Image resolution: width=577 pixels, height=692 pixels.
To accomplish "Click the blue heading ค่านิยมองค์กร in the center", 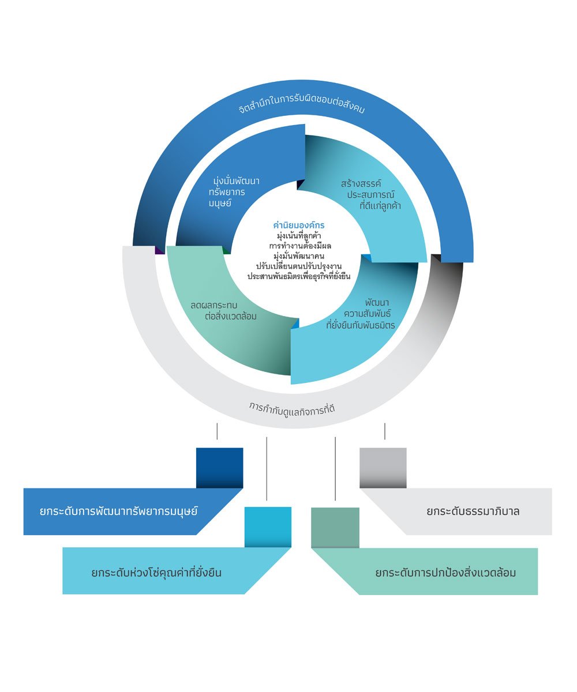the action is tap(298, 225).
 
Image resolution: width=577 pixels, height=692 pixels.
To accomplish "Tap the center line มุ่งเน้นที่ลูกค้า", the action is tap(299, 236).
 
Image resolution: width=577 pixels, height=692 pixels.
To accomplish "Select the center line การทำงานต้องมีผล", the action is tap(300, 246).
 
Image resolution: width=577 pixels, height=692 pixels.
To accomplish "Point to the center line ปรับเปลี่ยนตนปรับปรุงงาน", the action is tap(299, 266).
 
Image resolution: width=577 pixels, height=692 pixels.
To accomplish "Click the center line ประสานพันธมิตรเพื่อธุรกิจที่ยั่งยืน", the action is tap(299, 276).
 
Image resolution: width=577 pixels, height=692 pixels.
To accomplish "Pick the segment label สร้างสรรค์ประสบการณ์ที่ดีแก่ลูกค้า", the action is tap(371, 194).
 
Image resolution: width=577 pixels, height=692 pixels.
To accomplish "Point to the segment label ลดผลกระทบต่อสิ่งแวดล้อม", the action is tap(223, 311).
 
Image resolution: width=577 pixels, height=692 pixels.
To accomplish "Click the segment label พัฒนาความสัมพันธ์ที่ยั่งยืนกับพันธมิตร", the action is tap(361, 314).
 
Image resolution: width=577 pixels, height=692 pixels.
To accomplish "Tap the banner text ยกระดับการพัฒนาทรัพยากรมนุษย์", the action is tap(118, 511).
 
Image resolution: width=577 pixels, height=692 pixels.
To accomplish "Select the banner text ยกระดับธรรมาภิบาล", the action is tap(473, 511).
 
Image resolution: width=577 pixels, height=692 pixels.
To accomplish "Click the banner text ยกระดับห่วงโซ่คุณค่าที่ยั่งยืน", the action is tap(156, 573).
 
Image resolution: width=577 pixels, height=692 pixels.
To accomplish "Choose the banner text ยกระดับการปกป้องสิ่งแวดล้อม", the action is tap(445, 573).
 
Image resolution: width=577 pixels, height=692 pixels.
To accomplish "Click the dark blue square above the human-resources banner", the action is tap(219, 468).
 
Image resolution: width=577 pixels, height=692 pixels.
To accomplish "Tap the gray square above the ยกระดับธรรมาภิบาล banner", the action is tap(383, 468).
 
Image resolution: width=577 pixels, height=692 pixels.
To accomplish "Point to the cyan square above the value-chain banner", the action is tap(268, 527).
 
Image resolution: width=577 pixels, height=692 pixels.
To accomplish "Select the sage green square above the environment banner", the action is tap(335, 528).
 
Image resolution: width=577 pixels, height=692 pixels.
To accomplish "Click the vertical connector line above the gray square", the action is tap(385, 431).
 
